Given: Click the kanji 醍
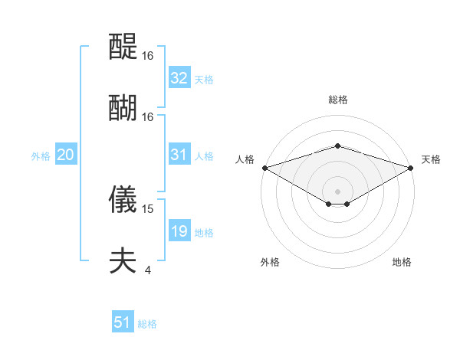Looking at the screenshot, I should (x=123, y=47).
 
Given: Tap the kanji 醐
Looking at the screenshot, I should (x=123, y=107).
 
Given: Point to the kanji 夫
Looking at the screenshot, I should (x=123, y=260).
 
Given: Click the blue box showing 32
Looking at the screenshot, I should (x=179, y=78).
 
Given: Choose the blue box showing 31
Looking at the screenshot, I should (x=179, y=155).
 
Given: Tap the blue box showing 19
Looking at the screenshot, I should (x=179, y=231).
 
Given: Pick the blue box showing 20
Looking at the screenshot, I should (x=65, y=155).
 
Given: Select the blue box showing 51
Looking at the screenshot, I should (x=123, y=322).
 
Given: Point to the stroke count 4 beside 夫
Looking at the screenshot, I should (x=148, y=269).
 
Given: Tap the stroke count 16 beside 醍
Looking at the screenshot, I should (x=148, y=56).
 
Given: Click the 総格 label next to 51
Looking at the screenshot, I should (x=147, y=324).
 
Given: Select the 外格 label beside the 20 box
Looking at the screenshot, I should (x=41, y=156).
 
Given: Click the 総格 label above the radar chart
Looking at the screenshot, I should (x=337, y=100).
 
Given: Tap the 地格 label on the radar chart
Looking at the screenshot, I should (x=402, y=262).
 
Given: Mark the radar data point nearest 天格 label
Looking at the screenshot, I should (x=412, y=168).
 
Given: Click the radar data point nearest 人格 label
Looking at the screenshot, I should (x=264, y=168).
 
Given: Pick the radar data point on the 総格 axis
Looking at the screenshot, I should (x=337, y=146).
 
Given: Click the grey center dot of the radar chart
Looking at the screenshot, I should (x=337, y=191).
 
